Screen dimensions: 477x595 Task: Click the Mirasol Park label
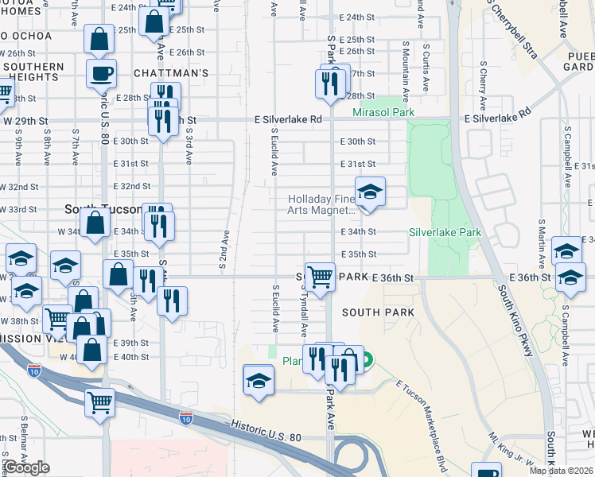point(383,113)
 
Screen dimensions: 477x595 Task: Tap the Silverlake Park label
point(445,232)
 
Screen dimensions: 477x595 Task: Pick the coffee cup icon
point(101,75)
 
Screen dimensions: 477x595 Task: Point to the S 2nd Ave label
point(225,249)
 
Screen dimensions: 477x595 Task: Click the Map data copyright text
point(561,471)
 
